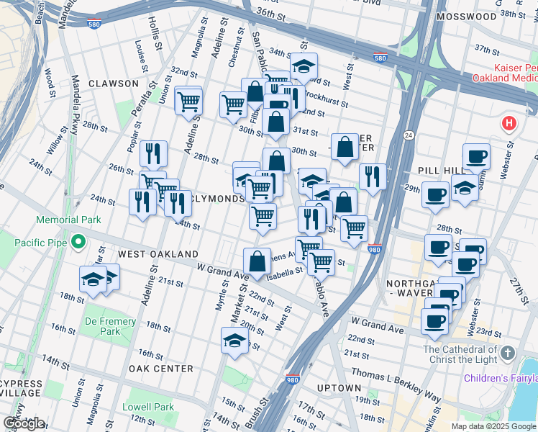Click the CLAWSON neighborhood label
pos(113,84)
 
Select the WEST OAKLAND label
pos(158,254)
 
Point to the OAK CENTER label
pos(160,368)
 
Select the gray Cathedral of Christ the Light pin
pos(509,353)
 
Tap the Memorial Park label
pos(70,219)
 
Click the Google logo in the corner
pos(24,423)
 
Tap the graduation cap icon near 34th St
pos(304,66)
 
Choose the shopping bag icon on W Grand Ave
pos(257,261)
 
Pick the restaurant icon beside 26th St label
pos(153,153)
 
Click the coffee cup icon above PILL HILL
pos(475,156)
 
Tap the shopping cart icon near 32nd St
pos(188,100)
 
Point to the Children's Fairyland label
pos(500,378)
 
